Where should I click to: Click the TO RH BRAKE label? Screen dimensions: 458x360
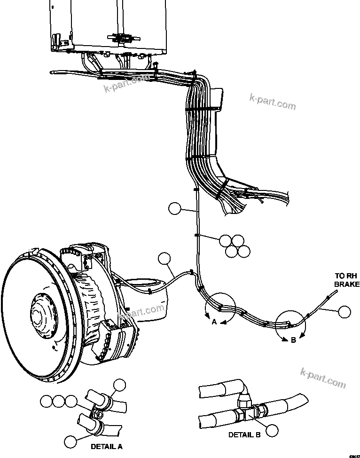click(x=346, y=280)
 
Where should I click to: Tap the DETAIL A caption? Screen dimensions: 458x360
click(x=106, y=446)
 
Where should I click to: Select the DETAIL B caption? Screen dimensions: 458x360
click(x=244, y=435)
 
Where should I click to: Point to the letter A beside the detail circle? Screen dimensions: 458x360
click(x=214, y=322)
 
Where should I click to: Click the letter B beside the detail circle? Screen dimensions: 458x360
click(x=293, y=340)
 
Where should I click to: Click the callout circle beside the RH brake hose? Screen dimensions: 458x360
click(x=345, y=311)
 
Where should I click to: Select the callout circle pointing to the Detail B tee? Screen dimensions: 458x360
click(x=271, y=429)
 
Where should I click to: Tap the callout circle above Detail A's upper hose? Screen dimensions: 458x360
click(x=120, y=385)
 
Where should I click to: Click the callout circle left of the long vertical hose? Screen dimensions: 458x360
click(x=174, y=208)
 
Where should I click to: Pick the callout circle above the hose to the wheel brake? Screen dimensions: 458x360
click(x=164, y=258)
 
